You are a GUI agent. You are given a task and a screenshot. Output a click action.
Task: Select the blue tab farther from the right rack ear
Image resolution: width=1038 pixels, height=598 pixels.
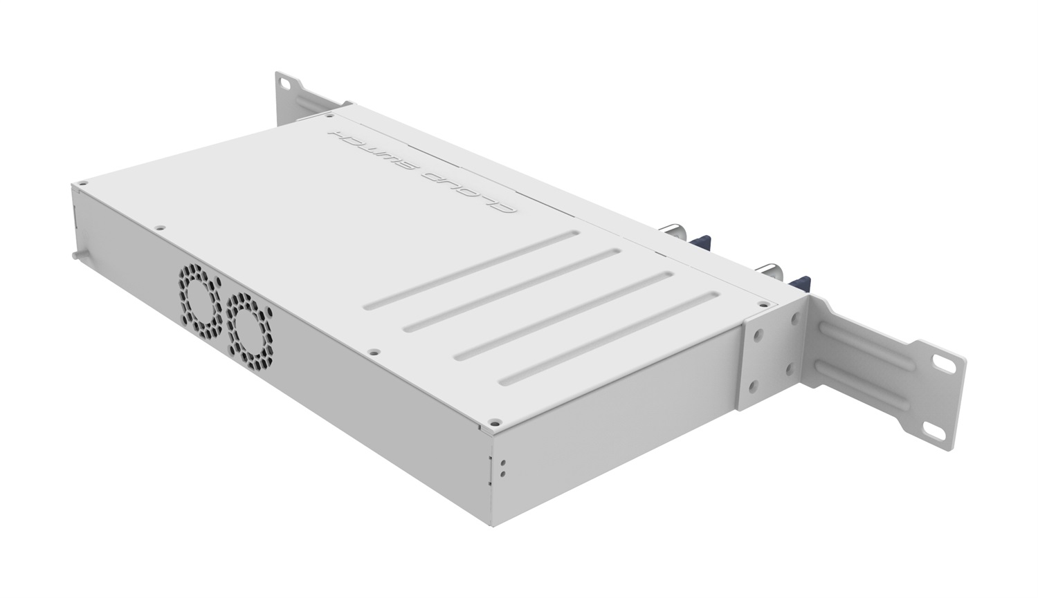pos(700,242)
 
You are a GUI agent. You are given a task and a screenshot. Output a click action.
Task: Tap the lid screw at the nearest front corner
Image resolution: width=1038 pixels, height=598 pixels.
pos(494,420)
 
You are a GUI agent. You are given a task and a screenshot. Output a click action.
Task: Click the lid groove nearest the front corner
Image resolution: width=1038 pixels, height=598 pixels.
pos(609,339)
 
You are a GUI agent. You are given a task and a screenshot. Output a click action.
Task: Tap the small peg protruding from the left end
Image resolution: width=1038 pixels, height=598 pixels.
pos(74,254)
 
